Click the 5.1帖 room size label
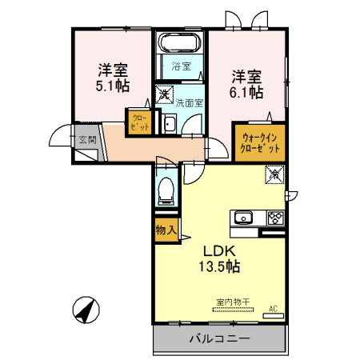click(x=112, y=86)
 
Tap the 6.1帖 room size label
click(x=248, y=94)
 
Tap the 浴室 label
click(x=182, y=66)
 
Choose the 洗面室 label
click(x=189, y=102)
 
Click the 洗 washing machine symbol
click(x=163, y=93)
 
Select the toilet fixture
click(x=166, y=190)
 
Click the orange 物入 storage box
click(x=166, y=230)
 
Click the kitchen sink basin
click(x=243, y=218)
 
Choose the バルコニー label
click(x=219, y=339)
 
